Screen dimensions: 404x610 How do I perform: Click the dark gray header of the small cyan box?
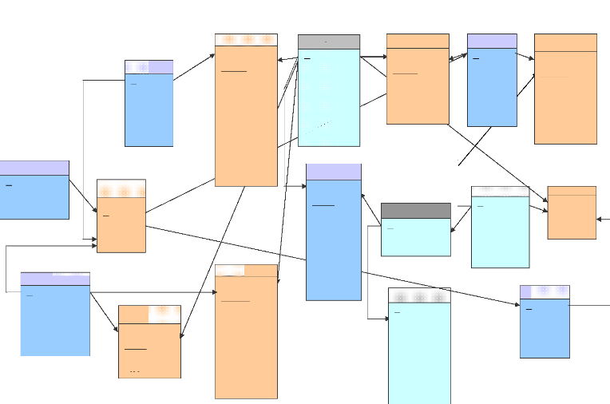(x=415, y=210)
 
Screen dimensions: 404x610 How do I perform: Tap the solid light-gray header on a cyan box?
(x=328, y=42)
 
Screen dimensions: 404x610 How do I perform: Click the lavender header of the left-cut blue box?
(x=34, y=168)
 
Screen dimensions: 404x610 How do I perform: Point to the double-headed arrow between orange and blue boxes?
(x=457, y=57)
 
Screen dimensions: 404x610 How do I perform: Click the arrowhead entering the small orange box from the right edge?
(x=600, y=218)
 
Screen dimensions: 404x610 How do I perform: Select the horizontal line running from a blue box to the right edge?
(x=589, y=305)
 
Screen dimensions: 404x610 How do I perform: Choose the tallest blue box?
(x=334, y=240)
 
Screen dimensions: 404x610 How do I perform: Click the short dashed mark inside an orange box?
(x=135, y=372)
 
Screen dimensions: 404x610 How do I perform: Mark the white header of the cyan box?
(x=500, y=192)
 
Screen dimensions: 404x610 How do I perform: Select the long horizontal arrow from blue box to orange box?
(x=152, y=292)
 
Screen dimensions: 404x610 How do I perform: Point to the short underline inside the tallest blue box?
(x=323, y=205)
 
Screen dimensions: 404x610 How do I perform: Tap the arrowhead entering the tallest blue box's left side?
(x=303, y=186)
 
